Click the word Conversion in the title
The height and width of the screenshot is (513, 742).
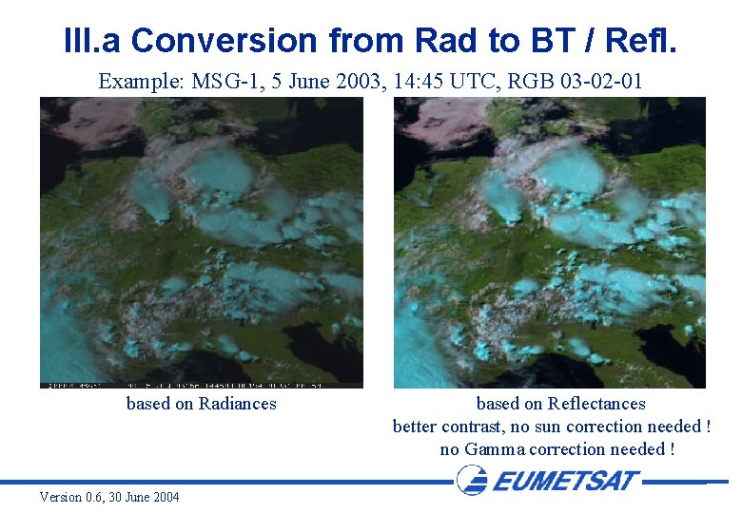tap(224, 41)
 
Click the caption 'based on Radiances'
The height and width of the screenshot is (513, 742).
tap(201, 404)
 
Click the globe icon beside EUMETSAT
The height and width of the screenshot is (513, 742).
tap(471, 480)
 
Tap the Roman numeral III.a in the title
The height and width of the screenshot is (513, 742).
tap(92, 41)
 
